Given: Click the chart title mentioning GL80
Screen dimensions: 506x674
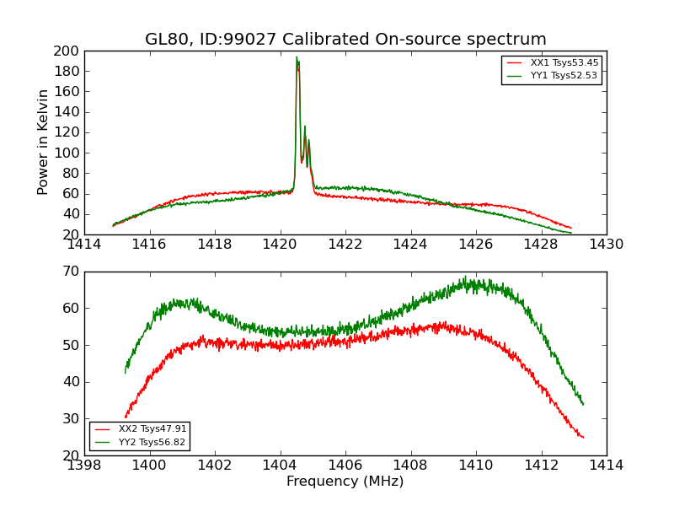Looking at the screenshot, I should (x=345, y=40).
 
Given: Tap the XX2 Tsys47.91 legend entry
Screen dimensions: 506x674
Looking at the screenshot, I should (x=152, y=429).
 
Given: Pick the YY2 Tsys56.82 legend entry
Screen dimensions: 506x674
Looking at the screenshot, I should (x=152, y=442).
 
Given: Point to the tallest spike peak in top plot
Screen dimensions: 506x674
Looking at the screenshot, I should (x=297, y=57).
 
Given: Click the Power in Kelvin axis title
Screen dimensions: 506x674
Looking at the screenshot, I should (x=44, y=143).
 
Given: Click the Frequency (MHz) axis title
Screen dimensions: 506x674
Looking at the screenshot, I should (x=345, y=482).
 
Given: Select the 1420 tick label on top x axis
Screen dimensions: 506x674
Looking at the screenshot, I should (x=280, y=245).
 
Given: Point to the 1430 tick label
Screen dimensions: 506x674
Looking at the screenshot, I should (x=607, y=245).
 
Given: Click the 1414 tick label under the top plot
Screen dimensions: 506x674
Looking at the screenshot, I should (x=84, y=245).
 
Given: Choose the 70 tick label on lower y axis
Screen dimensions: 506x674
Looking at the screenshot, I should (x=70, y=272).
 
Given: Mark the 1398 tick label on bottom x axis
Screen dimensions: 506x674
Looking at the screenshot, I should (x=84, y=466).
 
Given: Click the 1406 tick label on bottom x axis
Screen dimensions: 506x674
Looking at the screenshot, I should (x=345, y=466).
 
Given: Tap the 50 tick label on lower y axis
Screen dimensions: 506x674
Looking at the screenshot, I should (x=70, y=345).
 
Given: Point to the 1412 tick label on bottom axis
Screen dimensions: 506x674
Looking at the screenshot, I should (x=541, y=466).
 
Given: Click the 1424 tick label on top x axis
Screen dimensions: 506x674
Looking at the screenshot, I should (x=410, y=245).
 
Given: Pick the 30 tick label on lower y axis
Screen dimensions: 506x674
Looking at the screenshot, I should (x=70, y=418).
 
